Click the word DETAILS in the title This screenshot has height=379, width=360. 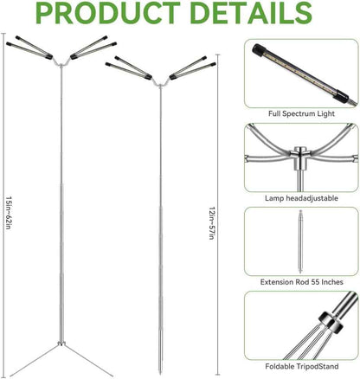(x=251, y=13)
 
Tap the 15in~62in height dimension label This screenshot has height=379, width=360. (x=9, y=213)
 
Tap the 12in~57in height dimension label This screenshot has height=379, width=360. (x=212, y=223)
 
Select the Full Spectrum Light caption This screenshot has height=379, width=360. (x=301, y=113)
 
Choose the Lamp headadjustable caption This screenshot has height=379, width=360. (x=301, y=198)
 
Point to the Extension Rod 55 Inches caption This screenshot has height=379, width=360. (x=302, y=282)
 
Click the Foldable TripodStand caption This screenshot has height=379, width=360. (x=302, y=366)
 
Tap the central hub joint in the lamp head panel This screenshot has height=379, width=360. (x=300, y=158)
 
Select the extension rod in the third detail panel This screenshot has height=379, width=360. (x=300, y=241)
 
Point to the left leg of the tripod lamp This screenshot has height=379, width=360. (x=35, y=359)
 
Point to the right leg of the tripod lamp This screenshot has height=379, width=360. (x=88, y=360)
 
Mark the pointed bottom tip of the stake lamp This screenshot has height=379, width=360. (x=161, y=374)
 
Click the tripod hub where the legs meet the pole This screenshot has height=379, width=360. (x=61, y=344)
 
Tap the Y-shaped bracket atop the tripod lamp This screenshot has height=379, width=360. (x=61, y=61)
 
